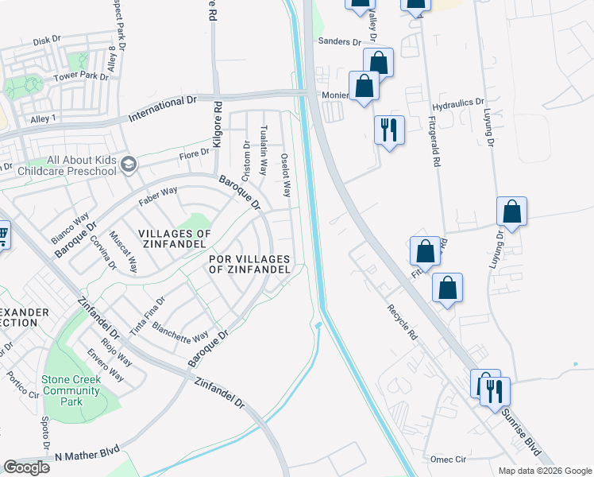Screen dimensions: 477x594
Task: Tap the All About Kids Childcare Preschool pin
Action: [x=129, y=165]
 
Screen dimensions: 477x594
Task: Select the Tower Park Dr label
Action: [x=79, y=77]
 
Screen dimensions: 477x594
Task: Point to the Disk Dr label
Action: [x=47, y=41]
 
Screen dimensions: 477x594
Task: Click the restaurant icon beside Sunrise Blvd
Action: [x=496, y=391]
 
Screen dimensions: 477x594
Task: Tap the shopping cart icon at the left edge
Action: [x=2, y=235]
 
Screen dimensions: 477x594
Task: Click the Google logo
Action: [x=26, y=467]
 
